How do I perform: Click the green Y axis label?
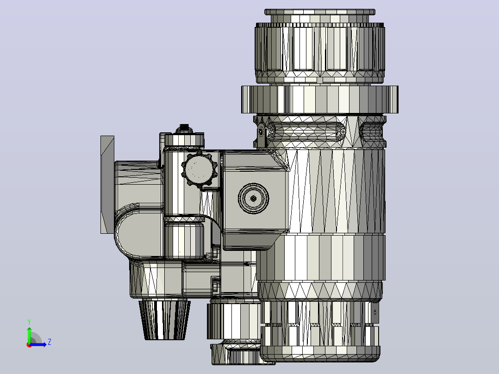(29, 322)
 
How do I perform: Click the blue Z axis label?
(50, 342)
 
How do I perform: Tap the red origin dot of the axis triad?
(29, 345)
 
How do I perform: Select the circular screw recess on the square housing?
(253, 198)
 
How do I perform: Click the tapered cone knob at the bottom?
(164, 319)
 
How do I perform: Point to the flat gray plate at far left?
(107, 185)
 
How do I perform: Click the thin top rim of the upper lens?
(320, 12)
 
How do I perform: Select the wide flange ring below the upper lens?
(320, 100)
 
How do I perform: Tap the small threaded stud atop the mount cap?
(184, 129)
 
